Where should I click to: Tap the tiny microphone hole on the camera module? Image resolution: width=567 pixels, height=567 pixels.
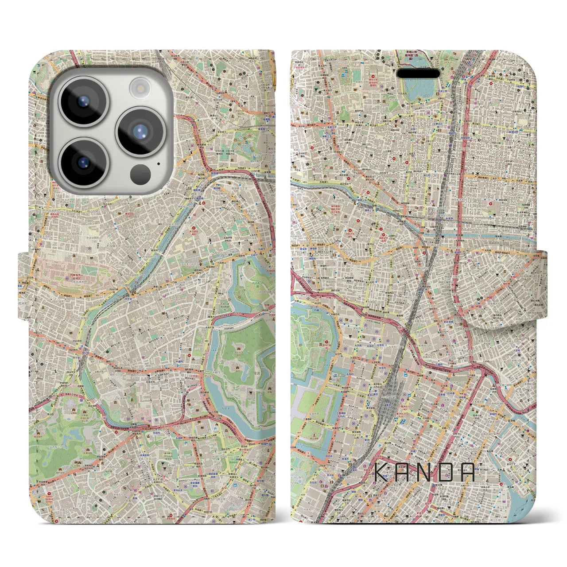tap(159, 163)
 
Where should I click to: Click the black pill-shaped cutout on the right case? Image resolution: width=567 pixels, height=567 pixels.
tap(418, 73)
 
